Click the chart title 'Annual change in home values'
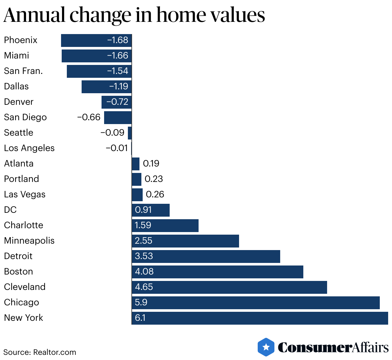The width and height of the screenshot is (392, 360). [x=134, y=15]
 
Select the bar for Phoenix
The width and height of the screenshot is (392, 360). [x=96, y=40]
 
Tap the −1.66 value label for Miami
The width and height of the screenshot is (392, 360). [x=118, y=56]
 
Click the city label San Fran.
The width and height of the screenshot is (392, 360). [x=23, y=71]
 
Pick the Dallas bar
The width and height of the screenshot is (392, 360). [x=106, y=87]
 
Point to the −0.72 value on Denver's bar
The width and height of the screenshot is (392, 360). [x=117, y=102]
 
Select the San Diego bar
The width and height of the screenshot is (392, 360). [x=118, y=118]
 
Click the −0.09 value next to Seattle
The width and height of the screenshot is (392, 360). [x=112, y=133]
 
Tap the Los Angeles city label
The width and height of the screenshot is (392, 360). [x=29, y=148]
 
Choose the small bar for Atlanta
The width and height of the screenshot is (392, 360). [x=136, y=164]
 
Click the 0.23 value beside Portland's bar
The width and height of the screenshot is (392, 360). [x=154, y=179]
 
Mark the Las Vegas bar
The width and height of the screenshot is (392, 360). [x=137, y=195]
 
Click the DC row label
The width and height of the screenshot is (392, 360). [x=10, y=210]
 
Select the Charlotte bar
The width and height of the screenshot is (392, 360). [x=165, y=226]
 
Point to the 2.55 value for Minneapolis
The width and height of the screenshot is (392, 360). [x=143, y=241]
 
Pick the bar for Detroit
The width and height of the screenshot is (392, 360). [x=206, y=256]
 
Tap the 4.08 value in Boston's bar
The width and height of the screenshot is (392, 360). [x=144, y=272]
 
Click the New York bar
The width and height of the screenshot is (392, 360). [x=260, y=318]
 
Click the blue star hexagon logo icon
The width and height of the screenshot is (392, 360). [x=266, y=347]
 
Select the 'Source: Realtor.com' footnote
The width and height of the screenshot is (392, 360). [x=40, y=352]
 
